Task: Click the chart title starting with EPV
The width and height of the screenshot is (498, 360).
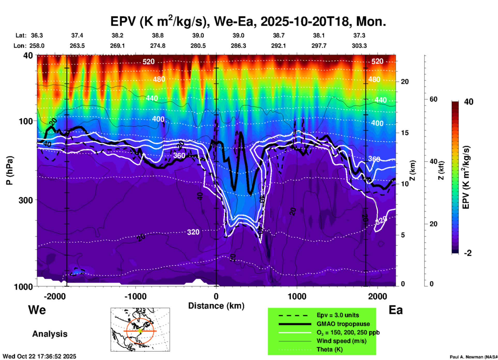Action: pyautogui.click(x=248, y=21)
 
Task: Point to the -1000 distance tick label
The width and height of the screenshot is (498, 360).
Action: pyautogui.click(x=135, y=296)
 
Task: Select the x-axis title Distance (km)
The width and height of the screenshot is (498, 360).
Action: pyautogui.click(x=216, y=306)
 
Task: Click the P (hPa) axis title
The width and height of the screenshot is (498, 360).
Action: pyautogui.click(x=9, y=170)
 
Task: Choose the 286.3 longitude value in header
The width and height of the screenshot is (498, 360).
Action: pyautogui.click(x=238, y=46)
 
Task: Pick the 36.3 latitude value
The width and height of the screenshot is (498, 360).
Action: pyautogui.click(x=37, y=35)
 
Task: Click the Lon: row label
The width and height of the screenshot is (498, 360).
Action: pyautogui.click(x=20, y=46)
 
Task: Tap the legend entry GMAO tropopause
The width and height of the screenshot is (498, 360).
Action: pyautogui.click(x=343, y=324)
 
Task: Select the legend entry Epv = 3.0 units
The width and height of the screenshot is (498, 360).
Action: pyautogui.click(x=338, y=315)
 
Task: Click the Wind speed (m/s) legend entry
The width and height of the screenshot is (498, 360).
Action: pyautogui.click(x=341, y=341)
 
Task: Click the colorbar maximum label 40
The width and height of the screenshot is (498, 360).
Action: pyautogui.click(x=469, y=102)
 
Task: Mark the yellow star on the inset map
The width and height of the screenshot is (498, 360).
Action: pyautogui.click(x=140, y=331)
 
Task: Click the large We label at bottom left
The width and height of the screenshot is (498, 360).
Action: pyautogui.click(x=37, y=310)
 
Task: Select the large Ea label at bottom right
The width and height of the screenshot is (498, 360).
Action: pyautogui.click(x=396, y=310)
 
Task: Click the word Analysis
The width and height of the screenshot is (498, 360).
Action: pyautogui.click(x=50, y=334)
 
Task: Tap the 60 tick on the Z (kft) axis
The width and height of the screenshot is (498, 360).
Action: pyautogui.click(x=434, y=99)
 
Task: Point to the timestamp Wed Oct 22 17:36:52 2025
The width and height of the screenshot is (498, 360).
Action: pyautogui.click(x=40, y=356)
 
